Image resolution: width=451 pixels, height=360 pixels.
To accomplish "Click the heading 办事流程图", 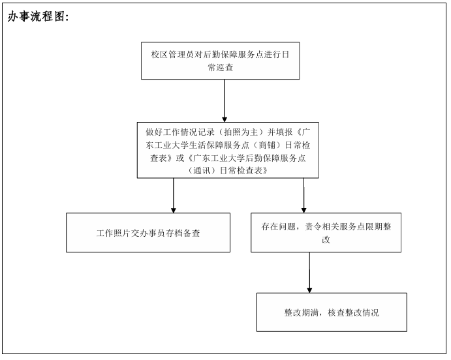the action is pyautogui.click(x=38, y=17).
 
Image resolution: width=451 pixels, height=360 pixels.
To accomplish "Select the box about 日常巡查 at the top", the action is pyautogui.click(x=221, y=61).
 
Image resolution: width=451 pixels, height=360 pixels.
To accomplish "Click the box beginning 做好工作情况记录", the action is pyautogui.click(x=228, y=150).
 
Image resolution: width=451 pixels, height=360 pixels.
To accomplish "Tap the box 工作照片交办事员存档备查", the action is pyautogui.click(x=148, y=233).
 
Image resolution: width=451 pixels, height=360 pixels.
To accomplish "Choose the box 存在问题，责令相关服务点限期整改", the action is pyautogui.click(x=326, y=233).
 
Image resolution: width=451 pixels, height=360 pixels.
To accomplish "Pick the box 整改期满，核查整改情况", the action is pyautogui.click(x=332, y=312).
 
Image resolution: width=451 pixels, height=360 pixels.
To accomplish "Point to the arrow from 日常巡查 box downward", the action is pyautogui.click(x=225, y=101).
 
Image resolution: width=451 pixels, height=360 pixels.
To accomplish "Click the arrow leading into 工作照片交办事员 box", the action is pyautogui.click(x=174, y=196).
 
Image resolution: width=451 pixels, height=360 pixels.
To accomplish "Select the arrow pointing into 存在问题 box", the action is pyautogui.click(x=303, y=196).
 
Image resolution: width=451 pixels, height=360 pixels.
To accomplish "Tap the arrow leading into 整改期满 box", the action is pyautogui.click(x=309, y=273).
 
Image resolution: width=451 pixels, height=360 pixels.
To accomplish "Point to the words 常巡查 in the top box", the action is pyautogui.click(x=221, y=68).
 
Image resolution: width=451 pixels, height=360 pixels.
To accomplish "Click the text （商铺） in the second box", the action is pyautogui.click(x=267, y=145).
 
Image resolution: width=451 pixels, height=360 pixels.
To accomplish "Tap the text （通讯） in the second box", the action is pyautogui.click(x=202, y=171).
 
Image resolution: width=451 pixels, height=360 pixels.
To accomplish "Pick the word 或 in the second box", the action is pyautogui.click(x=179, y=158).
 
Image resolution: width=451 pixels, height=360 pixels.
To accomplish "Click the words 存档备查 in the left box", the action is pyautogui.click(x=183, y=233).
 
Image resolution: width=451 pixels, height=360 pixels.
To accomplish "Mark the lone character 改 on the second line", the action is pyautogui.click(x=326, y=239).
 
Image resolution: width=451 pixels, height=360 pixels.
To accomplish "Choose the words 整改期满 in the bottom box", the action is pyautogui.click(x=302, y=312).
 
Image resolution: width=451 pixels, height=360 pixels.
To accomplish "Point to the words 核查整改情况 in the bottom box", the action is pyautogui.click(x=353, y=312).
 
